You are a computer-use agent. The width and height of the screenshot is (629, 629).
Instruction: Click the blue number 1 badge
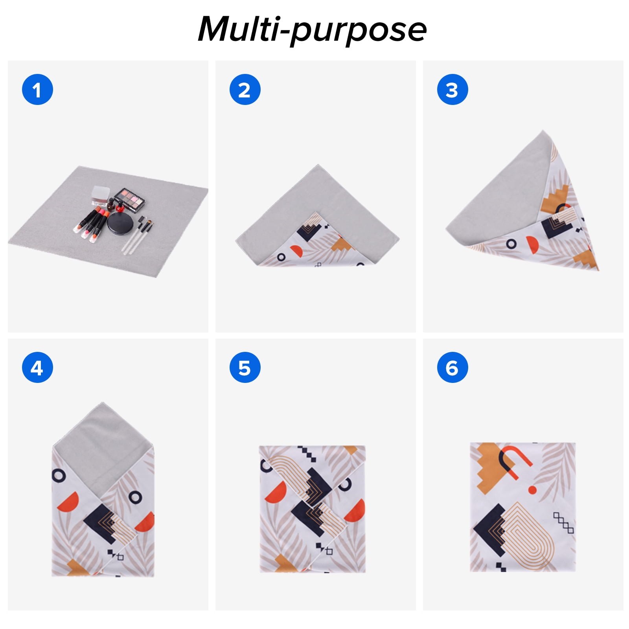pos(37,90)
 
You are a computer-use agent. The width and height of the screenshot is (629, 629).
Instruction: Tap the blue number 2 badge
pos(245,90)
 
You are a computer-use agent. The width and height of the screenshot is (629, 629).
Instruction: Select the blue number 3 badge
pos(452,90)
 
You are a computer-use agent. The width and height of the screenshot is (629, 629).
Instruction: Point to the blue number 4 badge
pos(37,368)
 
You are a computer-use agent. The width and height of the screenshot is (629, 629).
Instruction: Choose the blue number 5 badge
pos(245,368)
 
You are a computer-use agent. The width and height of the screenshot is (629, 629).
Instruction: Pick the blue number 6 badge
pos(452,368)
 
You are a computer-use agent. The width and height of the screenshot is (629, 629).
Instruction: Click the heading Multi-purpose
pos(312,29)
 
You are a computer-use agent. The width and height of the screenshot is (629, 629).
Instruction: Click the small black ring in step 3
pos(511,244)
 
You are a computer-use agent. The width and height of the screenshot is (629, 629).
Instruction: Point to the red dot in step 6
pos(532,490)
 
